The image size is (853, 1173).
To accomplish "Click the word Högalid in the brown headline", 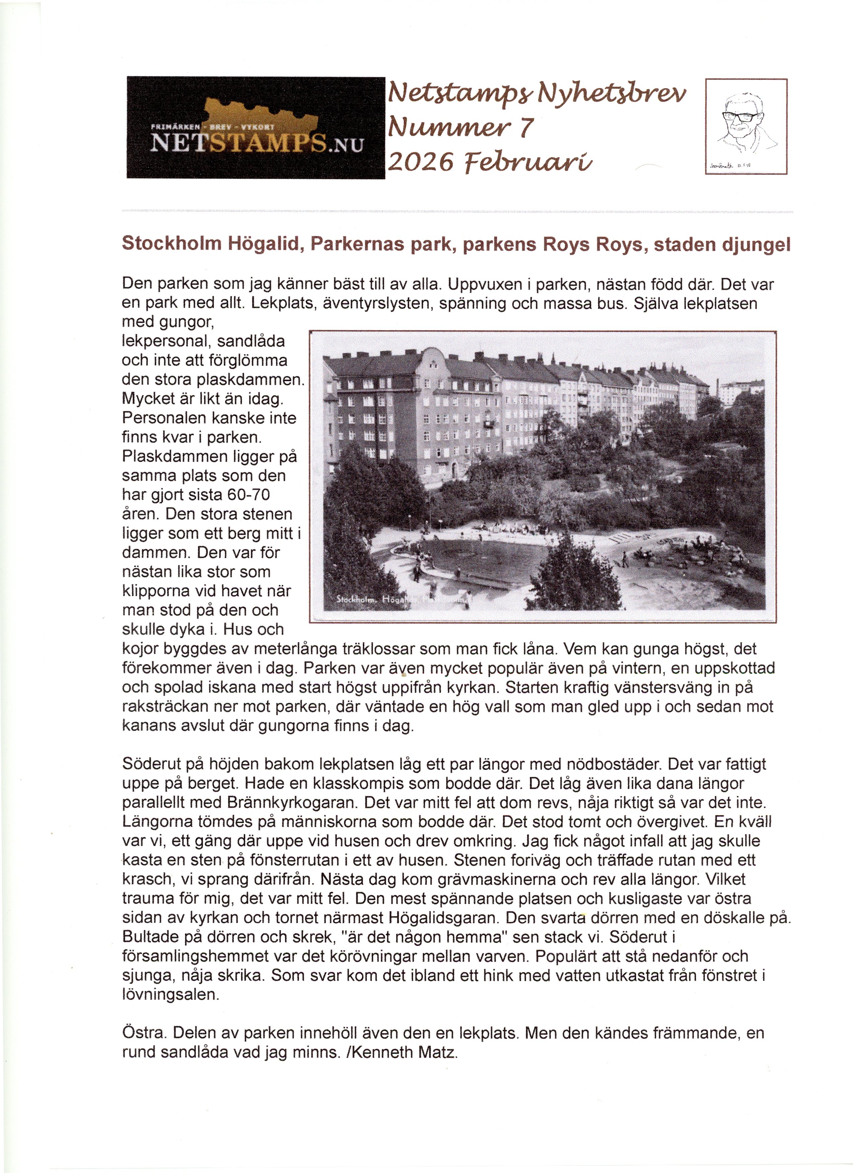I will tap(264, 244).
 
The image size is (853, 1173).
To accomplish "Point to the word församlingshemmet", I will tap(196, 956).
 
